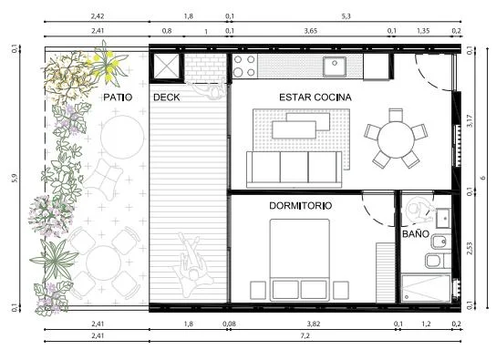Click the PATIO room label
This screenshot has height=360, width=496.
pos(118,97)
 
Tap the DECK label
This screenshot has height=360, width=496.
pos(166,97)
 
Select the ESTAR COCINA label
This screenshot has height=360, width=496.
pos(315,97)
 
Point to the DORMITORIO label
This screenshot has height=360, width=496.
pos(301,206)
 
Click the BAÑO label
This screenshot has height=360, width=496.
pos(416,234)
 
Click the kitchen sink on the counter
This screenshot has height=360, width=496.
pos(335,66)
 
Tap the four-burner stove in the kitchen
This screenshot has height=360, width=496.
pos(244,66)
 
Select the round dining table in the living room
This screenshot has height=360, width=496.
pos(396,139)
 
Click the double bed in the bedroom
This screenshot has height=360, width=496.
pos(300,260)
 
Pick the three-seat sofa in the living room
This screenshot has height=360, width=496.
pos(294,170)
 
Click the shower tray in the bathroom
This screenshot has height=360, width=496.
pos(426,288)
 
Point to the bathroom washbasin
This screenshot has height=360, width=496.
pos(443,218)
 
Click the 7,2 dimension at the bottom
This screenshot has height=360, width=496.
pos(305,335)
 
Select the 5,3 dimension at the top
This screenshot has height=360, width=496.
pos(346,16)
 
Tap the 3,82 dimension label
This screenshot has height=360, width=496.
pos(313,324)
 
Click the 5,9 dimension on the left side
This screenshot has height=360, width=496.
pos(15,178)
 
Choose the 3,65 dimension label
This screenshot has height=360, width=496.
pos(311,31)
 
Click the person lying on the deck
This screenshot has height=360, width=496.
pos(190,264)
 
